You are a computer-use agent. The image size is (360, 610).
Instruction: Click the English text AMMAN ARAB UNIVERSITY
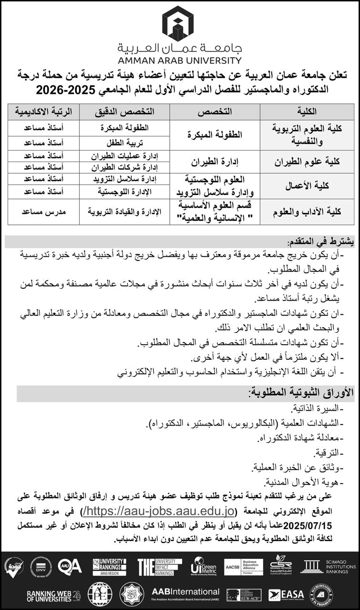click(180, 61)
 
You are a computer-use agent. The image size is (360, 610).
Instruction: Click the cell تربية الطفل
click(125, 142)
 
